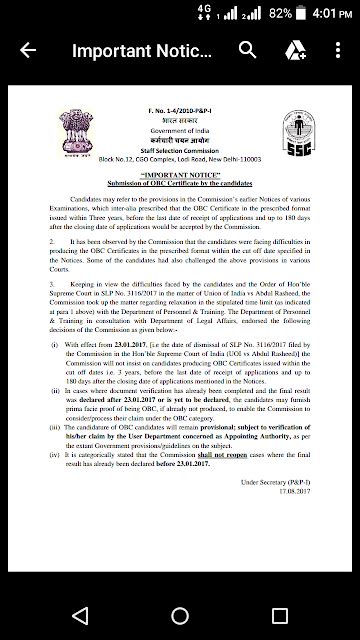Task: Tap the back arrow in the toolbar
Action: [27, 50]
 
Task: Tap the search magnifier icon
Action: [251, 50]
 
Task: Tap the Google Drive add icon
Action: [295, 50]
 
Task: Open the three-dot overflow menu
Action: [337, 50]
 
